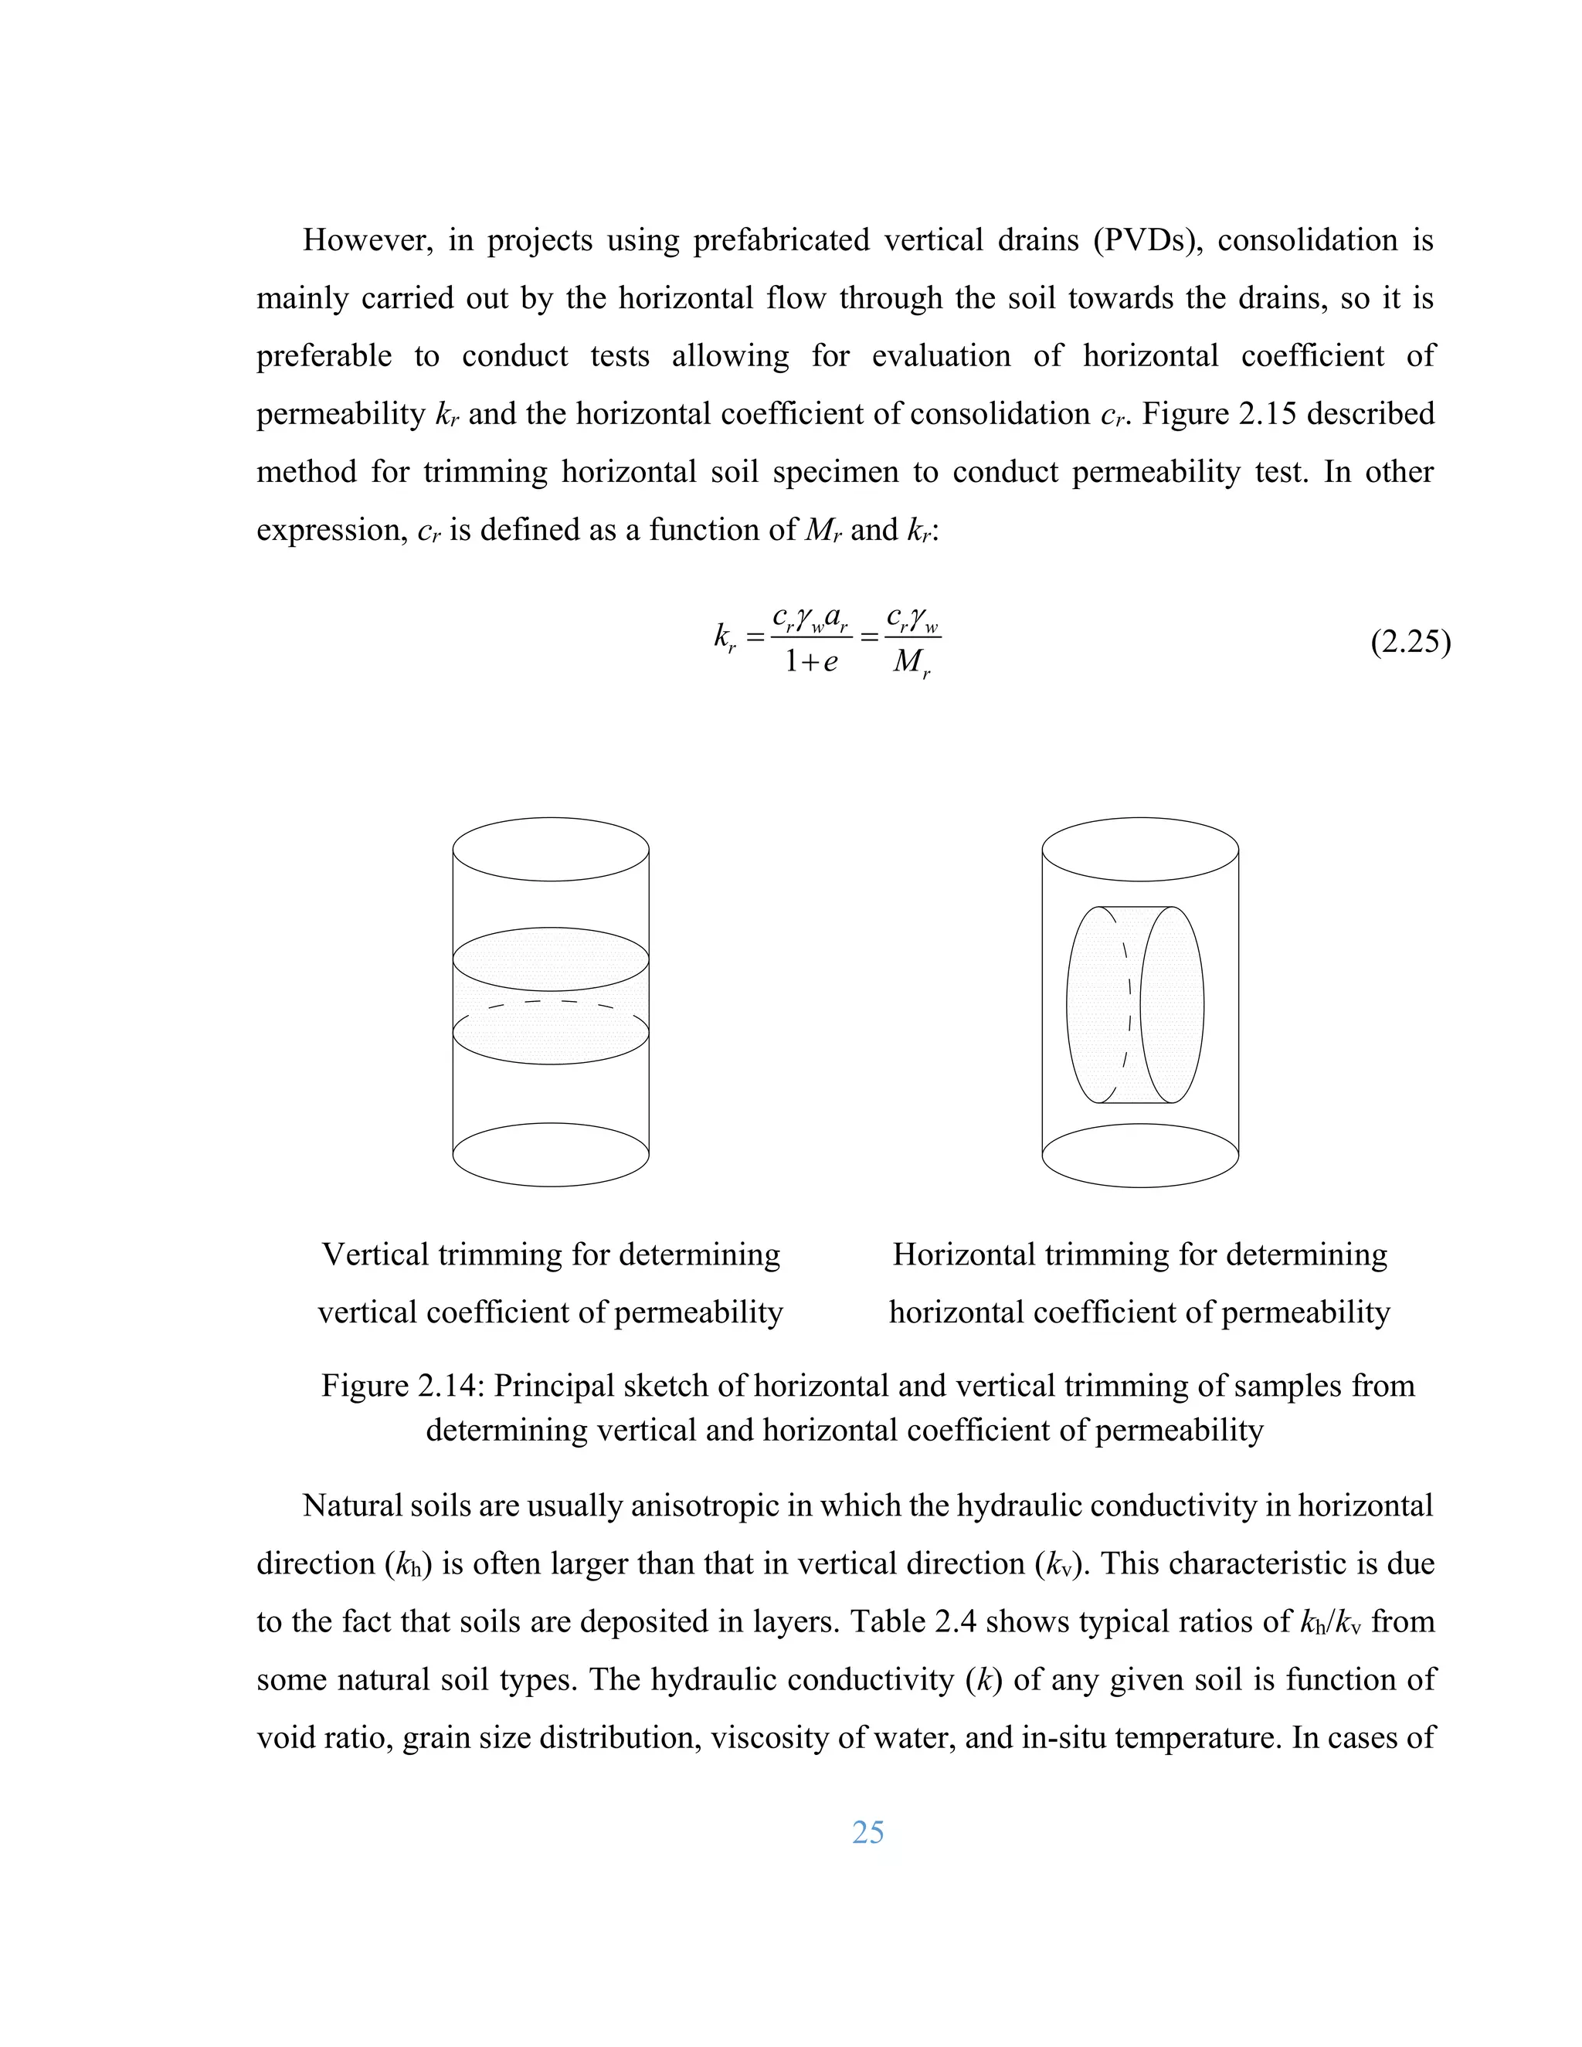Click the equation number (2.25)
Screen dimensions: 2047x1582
(1410, 643)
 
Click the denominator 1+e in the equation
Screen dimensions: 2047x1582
(810, 662)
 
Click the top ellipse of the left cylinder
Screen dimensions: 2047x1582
(551, 849)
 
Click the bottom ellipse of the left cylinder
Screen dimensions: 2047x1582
(551, 1155)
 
